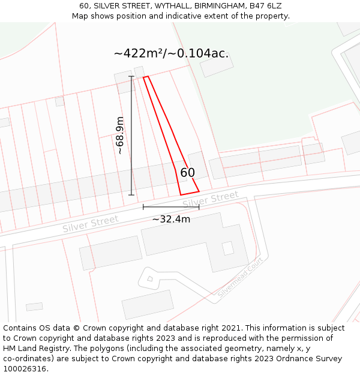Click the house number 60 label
click(x=188, y=173)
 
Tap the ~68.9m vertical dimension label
click(x=120, y=136)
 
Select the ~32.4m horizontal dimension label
click(x=171, y=220)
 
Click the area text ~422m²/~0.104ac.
click(x=171, y=53)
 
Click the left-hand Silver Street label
click(x=90, y=224)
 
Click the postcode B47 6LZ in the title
click(x=265, y=6)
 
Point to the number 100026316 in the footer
click(x=23, y=369)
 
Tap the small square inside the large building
click(x=228, y=248)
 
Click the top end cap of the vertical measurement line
click(x=131, y=76)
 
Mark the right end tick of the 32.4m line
click(x=199, y=207)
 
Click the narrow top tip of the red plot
click(x=145, y=77)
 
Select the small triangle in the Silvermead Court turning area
click(x=150, y=278)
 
